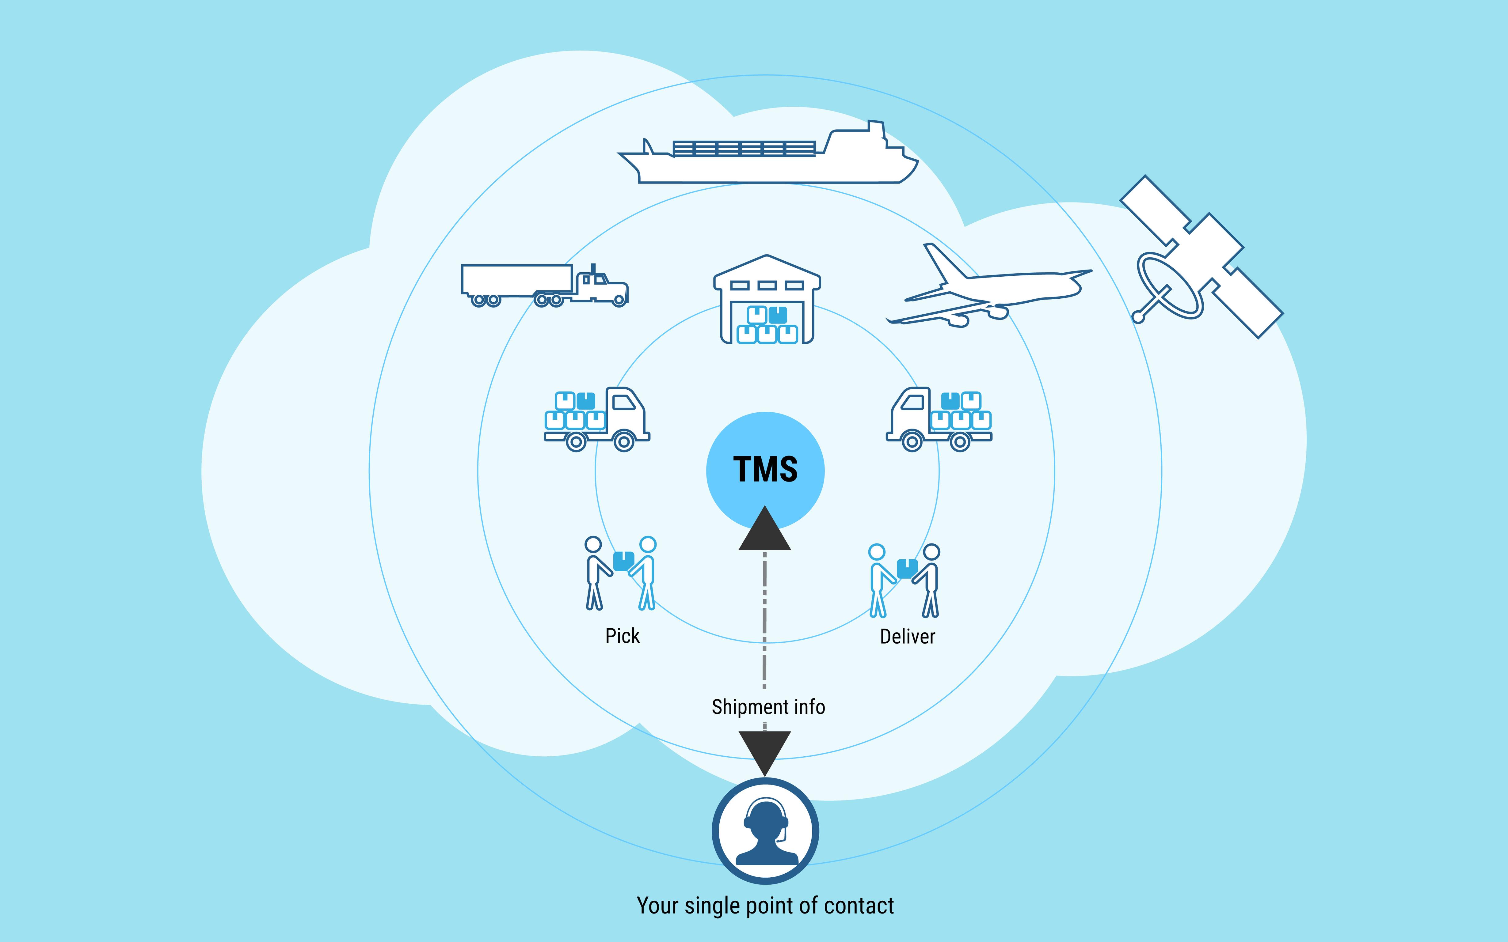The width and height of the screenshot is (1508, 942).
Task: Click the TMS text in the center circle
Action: (x=765, y=469)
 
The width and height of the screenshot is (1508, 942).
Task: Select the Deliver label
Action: (x=907, y=637)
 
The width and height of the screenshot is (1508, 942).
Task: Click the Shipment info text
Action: (x=768, y=707)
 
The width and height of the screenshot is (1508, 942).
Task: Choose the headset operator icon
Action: (x=765, y=831)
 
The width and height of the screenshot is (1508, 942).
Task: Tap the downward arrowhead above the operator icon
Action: (x=765, y=752)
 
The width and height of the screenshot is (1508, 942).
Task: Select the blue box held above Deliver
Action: (x=907, y=568)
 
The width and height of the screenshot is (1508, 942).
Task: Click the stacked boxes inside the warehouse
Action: (x=767, y=325)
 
